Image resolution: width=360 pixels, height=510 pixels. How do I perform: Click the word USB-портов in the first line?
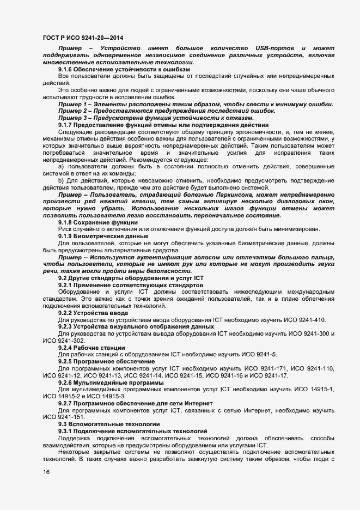click(x=271, y=50)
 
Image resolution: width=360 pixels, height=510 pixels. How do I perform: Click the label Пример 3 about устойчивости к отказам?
click(x=72, y=118)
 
